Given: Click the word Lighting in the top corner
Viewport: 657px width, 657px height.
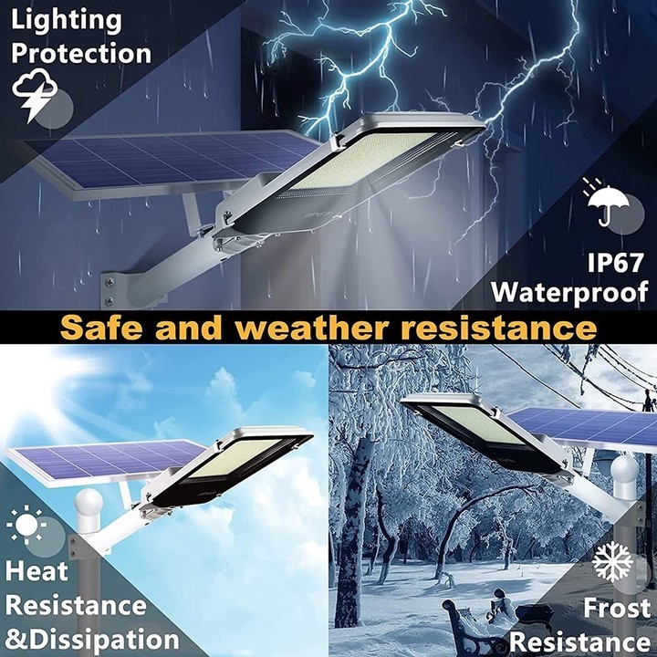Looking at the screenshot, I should (x=67, y=19).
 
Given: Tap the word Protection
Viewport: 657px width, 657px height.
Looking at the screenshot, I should (x=80, y=53).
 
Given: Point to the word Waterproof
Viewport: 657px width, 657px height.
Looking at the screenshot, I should (x=569, y=292).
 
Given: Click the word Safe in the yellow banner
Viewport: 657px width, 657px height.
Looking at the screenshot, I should (x=110, y=327).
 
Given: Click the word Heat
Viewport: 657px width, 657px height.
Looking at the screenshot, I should (x=37, y=571).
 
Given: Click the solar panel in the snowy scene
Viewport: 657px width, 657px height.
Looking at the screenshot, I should (x=584, y=427).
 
